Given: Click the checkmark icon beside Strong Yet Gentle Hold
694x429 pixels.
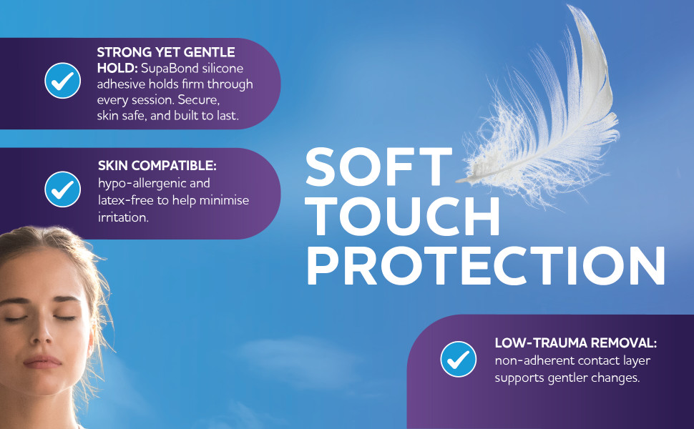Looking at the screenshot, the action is (62, 81).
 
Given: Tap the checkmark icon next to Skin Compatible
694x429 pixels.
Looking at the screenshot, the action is (62, 189).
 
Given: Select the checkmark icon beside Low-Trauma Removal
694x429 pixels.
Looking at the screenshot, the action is (459, 359).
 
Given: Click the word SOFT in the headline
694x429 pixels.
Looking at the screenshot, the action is (379, 167).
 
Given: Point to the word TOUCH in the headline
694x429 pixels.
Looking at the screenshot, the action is (404, 217).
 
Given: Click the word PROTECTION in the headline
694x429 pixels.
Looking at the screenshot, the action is (486, 266).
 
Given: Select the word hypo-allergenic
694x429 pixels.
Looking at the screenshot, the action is (143, 184).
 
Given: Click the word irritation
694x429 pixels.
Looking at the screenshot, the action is (123, 217).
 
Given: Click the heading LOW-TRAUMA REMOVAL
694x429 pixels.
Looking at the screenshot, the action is (576, 342).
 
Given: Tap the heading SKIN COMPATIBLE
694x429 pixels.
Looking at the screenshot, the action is (157, 165).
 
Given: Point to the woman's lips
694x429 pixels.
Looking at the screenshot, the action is (42, 362).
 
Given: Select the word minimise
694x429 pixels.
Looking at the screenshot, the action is (224, 200).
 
